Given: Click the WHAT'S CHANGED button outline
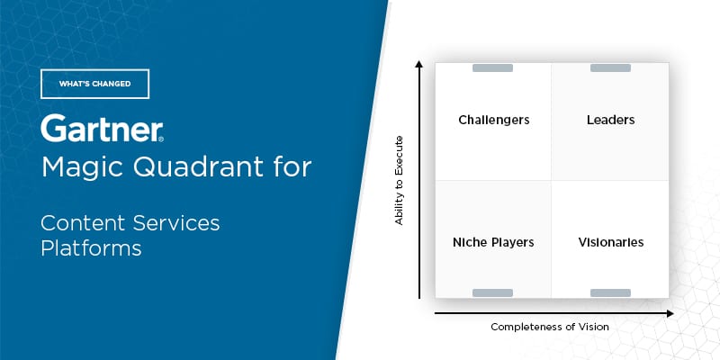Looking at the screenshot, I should pos(94,84).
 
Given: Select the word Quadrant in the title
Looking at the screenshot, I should pos(200,167).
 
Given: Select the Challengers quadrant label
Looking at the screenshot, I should pos(493,120).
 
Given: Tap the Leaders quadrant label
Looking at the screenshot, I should pos(610,120).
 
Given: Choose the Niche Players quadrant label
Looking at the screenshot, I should pos(493,242).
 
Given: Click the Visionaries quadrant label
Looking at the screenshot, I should pos(610,242).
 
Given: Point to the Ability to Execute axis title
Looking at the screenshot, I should pos(400,180).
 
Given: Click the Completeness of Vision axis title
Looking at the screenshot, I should pos(549,327).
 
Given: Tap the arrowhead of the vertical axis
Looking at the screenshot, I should pos(419,65).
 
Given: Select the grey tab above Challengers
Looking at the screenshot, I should pos(492,68).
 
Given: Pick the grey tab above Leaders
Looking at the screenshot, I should pos(610,68).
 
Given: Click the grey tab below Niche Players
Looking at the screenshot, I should pos(492,292).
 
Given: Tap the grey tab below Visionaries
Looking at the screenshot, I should pos(610,292).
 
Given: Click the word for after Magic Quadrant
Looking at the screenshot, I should pos(289,167).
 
